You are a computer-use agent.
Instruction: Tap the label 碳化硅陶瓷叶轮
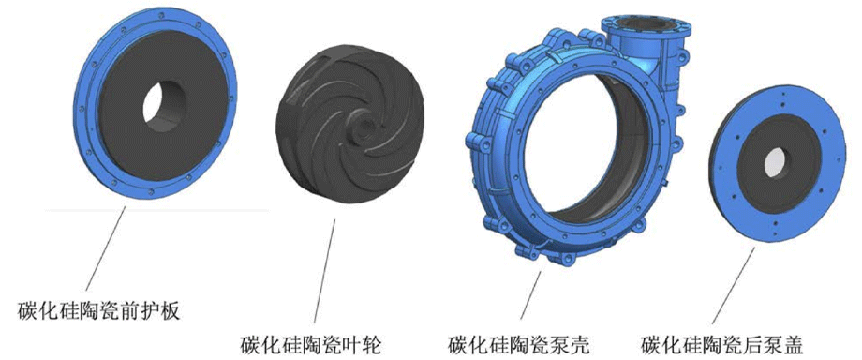click(x=311, y=342)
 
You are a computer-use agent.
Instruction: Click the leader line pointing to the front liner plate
click(x=104, y=247)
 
